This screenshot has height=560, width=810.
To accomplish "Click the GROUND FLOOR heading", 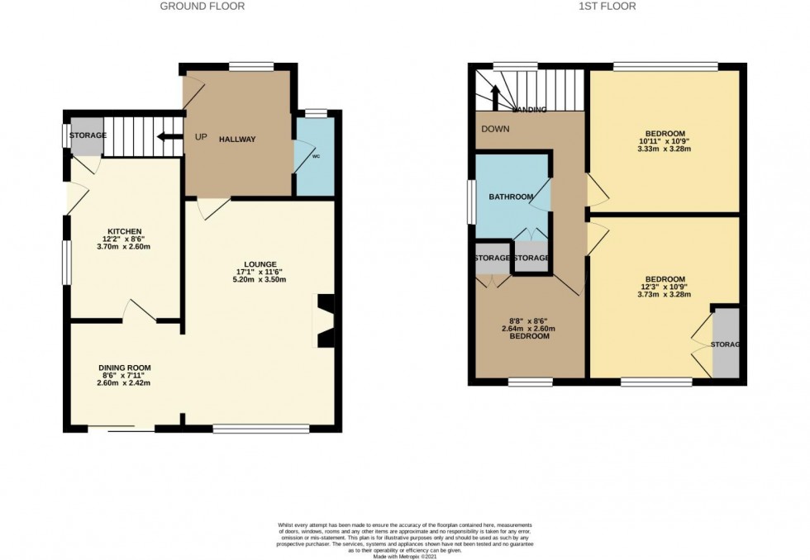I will tap(202, 7).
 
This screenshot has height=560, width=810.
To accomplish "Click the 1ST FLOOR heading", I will tap(607, 7).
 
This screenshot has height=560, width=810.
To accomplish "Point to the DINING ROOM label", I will tap(124, 368).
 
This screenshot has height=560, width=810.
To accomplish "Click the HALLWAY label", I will tap(237, 140).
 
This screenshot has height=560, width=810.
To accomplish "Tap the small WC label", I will tap(316, 155).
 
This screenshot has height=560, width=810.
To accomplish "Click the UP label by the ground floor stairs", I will tap(201, 136).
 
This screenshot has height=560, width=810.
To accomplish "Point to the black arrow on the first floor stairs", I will tap(496, 97).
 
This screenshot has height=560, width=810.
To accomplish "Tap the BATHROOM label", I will tap(510, 197).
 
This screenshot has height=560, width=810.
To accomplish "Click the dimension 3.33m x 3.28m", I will tap(665, 149).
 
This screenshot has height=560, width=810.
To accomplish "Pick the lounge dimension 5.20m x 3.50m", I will tap(260, 279).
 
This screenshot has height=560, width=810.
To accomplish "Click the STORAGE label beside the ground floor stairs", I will tap(87, 135).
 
